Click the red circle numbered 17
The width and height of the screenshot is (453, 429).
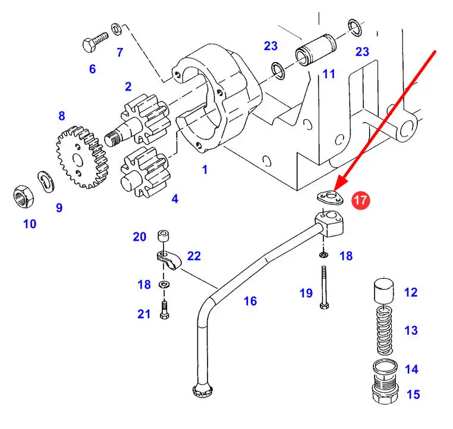360,200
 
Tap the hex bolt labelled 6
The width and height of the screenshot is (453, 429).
95,42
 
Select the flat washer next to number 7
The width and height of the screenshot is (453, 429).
116,29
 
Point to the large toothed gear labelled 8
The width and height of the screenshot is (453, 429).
82,157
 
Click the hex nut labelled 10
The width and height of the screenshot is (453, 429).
23,196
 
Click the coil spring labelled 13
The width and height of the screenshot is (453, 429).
385,331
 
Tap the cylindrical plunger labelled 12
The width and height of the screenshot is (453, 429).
383,291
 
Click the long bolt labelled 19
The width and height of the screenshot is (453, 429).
324,287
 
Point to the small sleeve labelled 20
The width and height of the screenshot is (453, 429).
163,236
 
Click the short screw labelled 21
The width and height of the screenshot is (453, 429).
164,310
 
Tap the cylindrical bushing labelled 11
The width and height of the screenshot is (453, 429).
316,51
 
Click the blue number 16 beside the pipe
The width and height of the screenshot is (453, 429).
250,301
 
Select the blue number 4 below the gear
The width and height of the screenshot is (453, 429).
175,199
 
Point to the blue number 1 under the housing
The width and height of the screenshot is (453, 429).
205,169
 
